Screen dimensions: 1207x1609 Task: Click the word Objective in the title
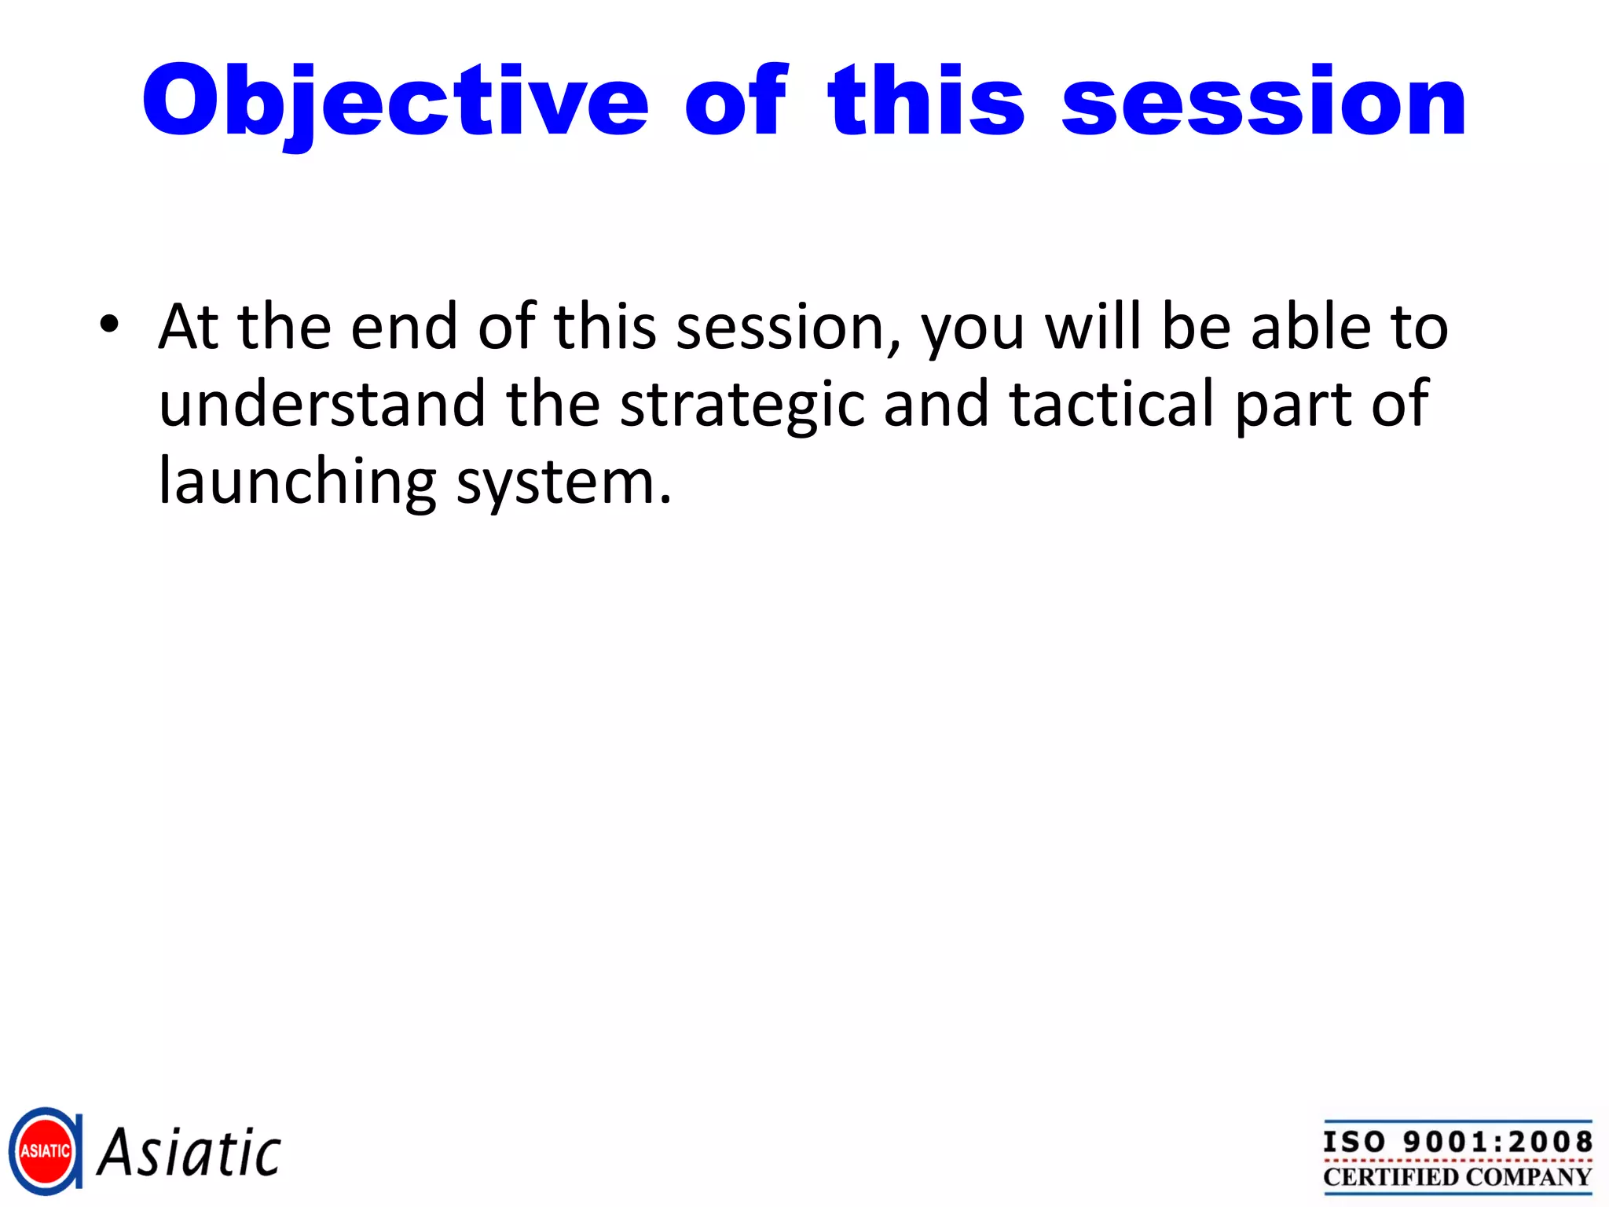point(395,102)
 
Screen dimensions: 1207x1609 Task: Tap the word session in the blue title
point(1263,102)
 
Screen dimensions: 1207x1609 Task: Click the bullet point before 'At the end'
point(109,324)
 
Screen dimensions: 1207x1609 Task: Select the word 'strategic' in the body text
point(742,405)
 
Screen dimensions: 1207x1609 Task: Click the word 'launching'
point(297,482)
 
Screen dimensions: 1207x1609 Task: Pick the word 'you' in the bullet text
point(973,330)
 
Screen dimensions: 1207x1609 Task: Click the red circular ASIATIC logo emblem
point(45,1151)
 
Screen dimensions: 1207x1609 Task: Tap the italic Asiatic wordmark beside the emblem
point(189,1153)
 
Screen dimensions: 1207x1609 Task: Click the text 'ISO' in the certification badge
point(1354,1142)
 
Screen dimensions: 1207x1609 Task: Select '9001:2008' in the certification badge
point(1497,1142)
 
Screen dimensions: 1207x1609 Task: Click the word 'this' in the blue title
point(925,102)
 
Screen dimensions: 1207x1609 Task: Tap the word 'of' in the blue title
point(735,102)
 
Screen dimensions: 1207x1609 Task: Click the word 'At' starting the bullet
point(188,326)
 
